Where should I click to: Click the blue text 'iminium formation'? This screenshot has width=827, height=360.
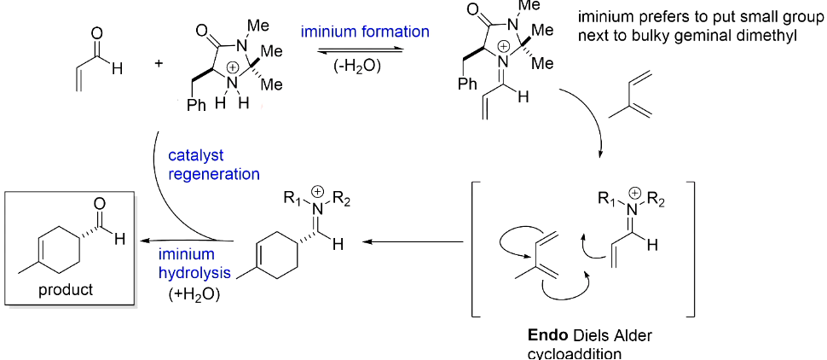(364, 32)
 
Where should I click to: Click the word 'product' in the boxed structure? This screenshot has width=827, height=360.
(66, 290)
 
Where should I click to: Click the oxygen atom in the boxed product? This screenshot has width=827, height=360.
(100, 202)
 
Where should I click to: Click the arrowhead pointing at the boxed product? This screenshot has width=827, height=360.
(141, 241)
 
